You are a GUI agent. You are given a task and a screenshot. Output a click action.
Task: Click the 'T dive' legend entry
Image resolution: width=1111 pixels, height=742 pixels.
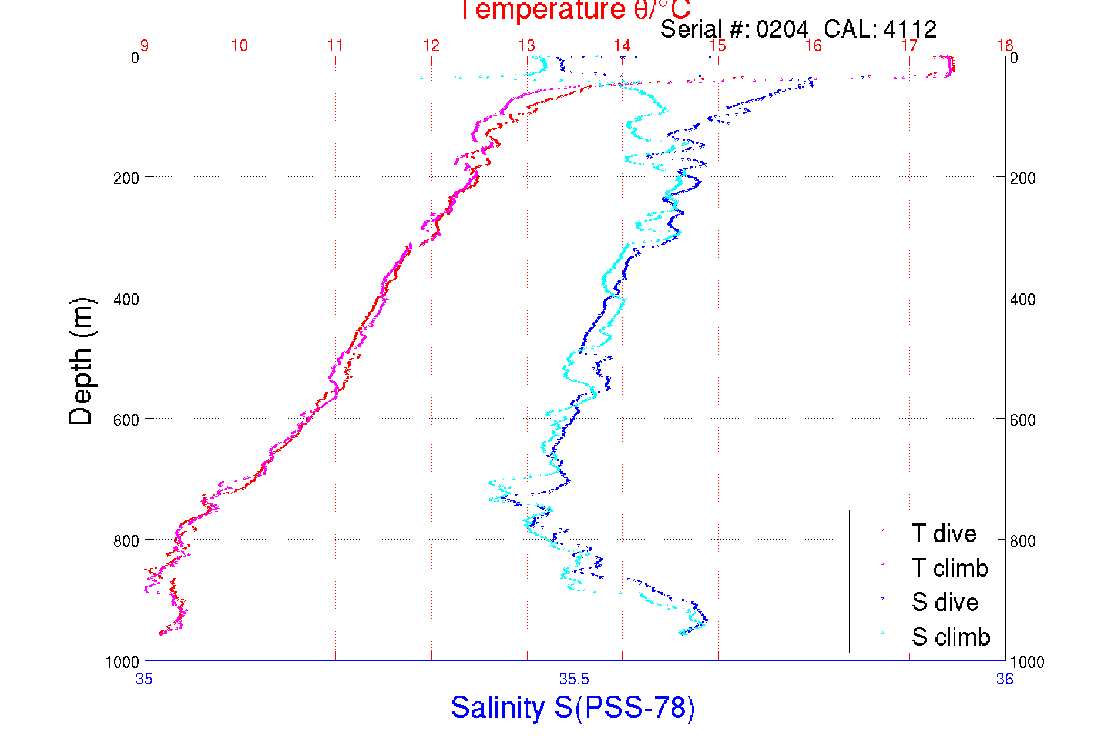click(x=944, y=533)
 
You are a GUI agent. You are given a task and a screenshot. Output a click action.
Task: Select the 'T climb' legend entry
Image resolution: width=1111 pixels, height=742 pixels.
click(x=949, y=568)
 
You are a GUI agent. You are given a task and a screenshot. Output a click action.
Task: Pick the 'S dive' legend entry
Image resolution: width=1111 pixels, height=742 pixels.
click(x=945, y=602)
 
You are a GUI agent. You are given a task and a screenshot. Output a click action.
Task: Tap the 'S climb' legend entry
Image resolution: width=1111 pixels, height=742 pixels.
click(x=951, y=637)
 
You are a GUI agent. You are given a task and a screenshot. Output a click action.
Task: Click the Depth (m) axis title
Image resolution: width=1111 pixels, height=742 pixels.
click(x=81, y=361)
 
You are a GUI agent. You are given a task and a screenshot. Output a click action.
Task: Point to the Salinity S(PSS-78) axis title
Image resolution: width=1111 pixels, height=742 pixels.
click(x=573, y=707)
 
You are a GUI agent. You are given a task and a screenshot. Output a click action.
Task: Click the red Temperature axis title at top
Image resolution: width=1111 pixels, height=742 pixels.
click(x=574, y=10)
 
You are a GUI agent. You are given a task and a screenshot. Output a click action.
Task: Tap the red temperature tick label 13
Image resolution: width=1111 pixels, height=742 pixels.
click(x=526, y=46)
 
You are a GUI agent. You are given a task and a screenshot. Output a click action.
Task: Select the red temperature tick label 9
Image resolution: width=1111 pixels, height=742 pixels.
click(x=144, y=46)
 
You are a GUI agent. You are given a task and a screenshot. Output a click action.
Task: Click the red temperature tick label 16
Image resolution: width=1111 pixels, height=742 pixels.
click(x=813, y=46)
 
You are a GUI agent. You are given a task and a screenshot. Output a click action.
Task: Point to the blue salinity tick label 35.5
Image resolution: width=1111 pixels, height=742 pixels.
click(x=574, y=680)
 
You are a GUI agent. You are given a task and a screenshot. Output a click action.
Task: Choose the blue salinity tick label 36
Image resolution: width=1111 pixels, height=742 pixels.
click(x=1004, y=680)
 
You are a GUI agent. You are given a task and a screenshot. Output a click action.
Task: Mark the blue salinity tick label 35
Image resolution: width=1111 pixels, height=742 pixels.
click(x=144, y=680)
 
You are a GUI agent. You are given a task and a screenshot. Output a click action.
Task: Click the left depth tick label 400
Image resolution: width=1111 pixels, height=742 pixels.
click(x=126, y=299)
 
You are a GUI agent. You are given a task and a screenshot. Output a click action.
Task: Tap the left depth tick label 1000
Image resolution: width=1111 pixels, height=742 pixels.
click(x=122, y=663)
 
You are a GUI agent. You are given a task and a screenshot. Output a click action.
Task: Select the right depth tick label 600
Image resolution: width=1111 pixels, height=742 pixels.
click(x=1022, y=420)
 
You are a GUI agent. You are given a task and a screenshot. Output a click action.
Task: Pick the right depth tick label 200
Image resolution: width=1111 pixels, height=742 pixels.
click(x=1022, y=178)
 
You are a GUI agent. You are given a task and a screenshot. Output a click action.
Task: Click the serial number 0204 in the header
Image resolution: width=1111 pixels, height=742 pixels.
click(x=782, y=29)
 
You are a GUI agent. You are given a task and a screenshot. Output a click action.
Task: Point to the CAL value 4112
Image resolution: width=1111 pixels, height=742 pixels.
click(x=909, y=29)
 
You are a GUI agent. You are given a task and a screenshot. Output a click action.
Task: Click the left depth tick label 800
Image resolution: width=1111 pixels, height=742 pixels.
click(x=126, y=541)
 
